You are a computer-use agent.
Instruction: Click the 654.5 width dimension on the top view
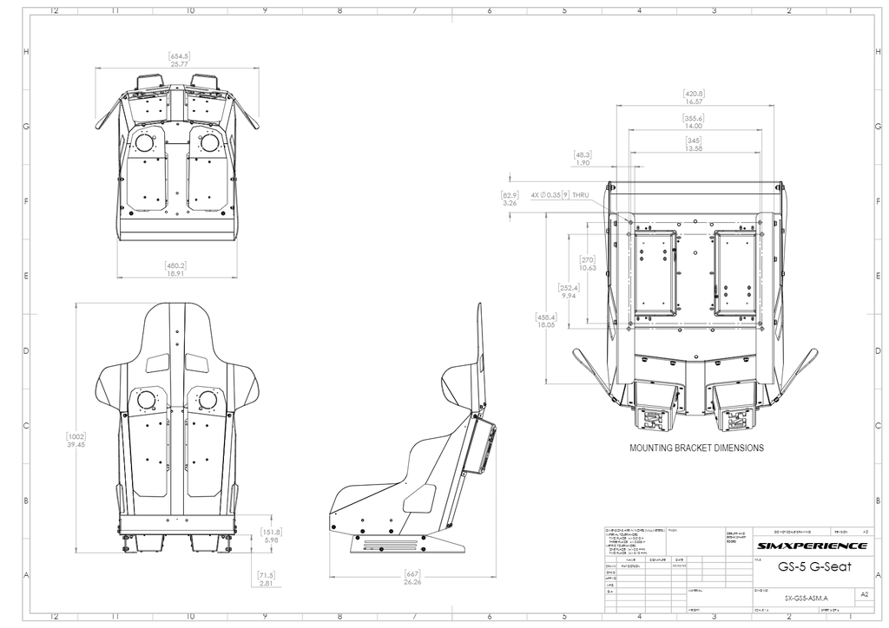[180, 60]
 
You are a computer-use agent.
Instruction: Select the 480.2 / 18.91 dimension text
[176, 269]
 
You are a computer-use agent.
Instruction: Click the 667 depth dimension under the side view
[412, 578]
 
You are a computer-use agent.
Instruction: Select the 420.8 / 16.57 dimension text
[693, 97]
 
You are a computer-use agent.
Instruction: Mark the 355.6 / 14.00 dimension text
[693, 121]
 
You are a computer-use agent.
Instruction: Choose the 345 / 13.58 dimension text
[693, 144]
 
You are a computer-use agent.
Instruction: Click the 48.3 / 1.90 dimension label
[583, 159]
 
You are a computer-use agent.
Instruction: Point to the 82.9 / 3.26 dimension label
[509, 199]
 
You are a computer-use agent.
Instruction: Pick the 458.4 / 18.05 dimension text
[546, 321]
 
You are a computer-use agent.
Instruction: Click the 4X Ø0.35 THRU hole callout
[560, 195]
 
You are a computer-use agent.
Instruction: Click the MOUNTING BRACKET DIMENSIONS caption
[696, 448]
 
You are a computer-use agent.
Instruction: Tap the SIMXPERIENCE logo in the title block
[811, 546]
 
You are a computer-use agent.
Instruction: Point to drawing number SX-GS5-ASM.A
[800, 598]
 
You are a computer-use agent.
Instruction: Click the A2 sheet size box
[863, 595]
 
